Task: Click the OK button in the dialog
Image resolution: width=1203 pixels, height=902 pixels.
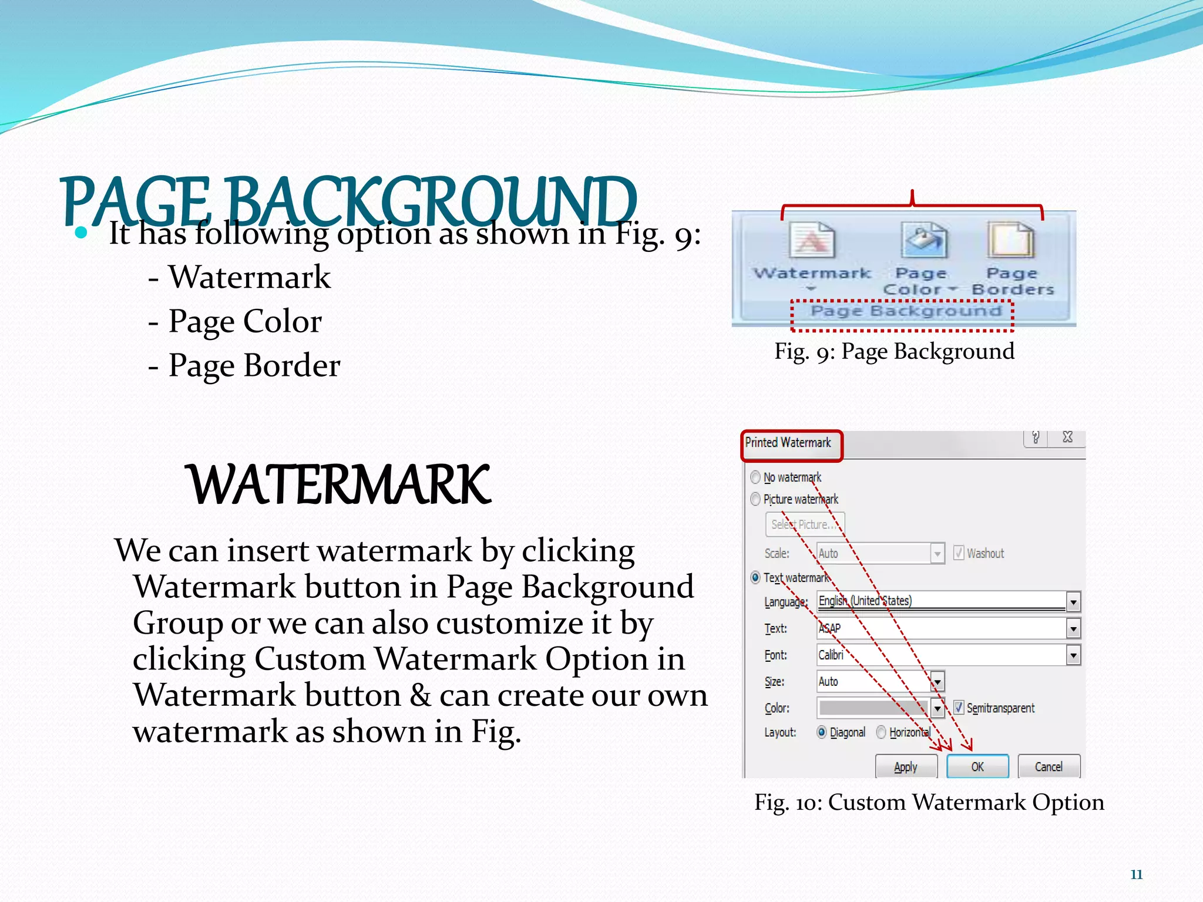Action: coord(977,766)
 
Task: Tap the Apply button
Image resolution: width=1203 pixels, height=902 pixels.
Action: coord(906,766)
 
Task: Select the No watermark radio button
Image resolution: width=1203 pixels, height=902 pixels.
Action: coord(755,477)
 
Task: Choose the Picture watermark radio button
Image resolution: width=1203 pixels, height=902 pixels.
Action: coord(755,499)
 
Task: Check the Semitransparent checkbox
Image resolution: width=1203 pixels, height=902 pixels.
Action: coord(959,708)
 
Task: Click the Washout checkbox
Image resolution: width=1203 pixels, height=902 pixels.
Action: coord(959,553)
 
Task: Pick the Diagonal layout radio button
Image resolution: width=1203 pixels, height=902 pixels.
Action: coord(822,732)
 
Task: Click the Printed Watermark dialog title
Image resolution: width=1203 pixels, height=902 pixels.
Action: coord(788,443)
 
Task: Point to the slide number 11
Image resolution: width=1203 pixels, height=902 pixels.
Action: coord(1136,874)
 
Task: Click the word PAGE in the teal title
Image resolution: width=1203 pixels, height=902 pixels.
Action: coord(135,201)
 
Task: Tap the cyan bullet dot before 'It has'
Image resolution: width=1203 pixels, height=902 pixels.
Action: coord(81,233)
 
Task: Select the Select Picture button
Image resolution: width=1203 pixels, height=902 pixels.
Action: coord(804,524)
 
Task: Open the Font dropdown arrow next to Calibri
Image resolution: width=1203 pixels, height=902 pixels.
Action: coord(1073,655)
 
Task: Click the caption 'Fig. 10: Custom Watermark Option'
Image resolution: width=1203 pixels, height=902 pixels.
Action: coord(929,802)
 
